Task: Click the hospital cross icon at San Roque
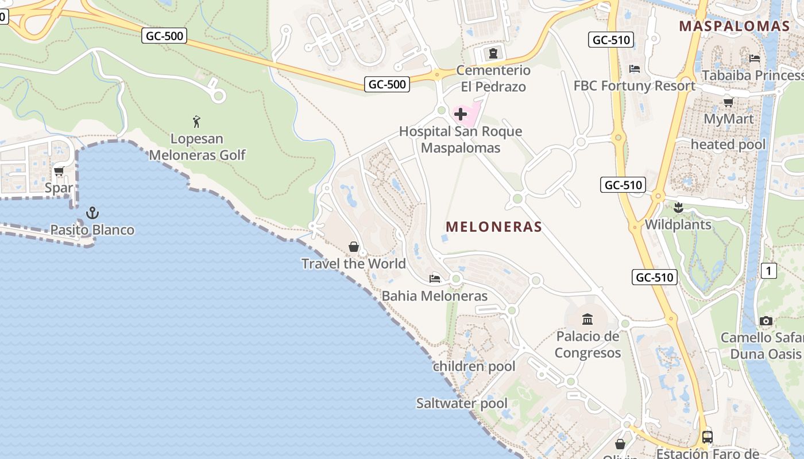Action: [461, 114]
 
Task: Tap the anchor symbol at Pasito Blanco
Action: [92, 213]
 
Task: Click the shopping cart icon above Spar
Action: [59, 171]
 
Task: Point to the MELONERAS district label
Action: [494, 227]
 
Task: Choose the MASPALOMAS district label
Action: [735, 26]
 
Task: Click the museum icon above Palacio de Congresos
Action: [587, 319]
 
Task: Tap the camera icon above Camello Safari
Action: [766, 321]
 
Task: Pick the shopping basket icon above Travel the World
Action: [354, 247]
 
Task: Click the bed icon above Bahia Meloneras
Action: [435, 279]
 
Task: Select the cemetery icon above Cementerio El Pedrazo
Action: [493, 54]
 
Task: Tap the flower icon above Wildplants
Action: [678, 207]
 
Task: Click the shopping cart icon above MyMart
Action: [728, 102]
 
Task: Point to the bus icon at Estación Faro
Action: [708, 437]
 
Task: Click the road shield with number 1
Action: [769, 271]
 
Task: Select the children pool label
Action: [474, 367]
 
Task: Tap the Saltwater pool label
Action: [462, 403]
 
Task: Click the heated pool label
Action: [728, 145]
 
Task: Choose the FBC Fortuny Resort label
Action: [635, 86]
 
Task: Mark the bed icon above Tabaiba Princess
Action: [755, 58]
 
